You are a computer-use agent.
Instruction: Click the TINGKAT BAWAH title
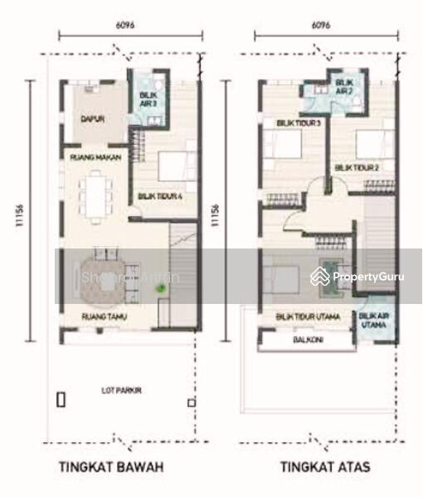click(111, 467)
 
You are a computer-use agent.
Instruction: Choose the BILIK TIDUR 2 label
click(357, 166)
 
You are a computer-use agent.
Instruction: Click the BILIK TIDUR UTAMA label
click(302, 315)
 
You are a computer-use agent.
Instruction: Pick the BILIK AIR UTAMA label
click(372, 321)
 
